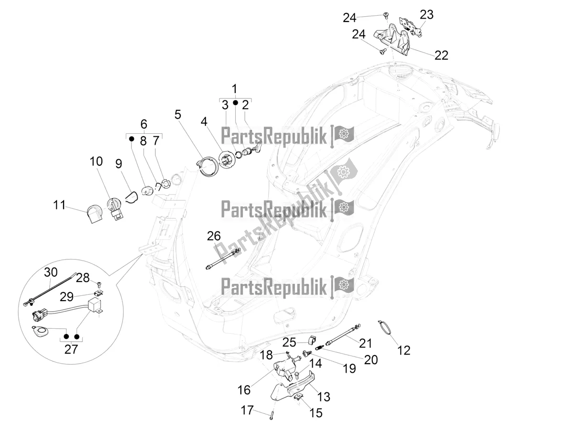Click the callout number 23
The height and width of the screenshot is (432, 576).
[x=426, y=15]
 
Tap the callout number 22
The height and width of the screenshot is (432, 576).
[x=441, y=55]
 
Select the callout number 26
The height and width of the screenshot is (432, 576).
[x=214, y=236]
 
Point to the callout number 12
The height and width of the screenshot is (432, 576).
[x=404, y=350]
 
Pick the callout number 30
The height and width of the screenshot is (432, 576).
[x=50, y=272]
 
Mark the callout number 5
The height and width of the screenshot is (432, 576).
[x=178, y=115]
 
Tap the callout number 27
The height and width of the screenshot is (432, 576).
[x=71, y=349]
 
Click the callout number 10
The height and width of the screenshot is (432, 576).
[x=96, y=162]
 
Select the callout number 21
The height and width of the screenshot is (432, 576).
[x=365, y=343]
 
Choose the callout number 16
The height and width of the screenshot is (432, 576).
[x=244, y=390]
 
